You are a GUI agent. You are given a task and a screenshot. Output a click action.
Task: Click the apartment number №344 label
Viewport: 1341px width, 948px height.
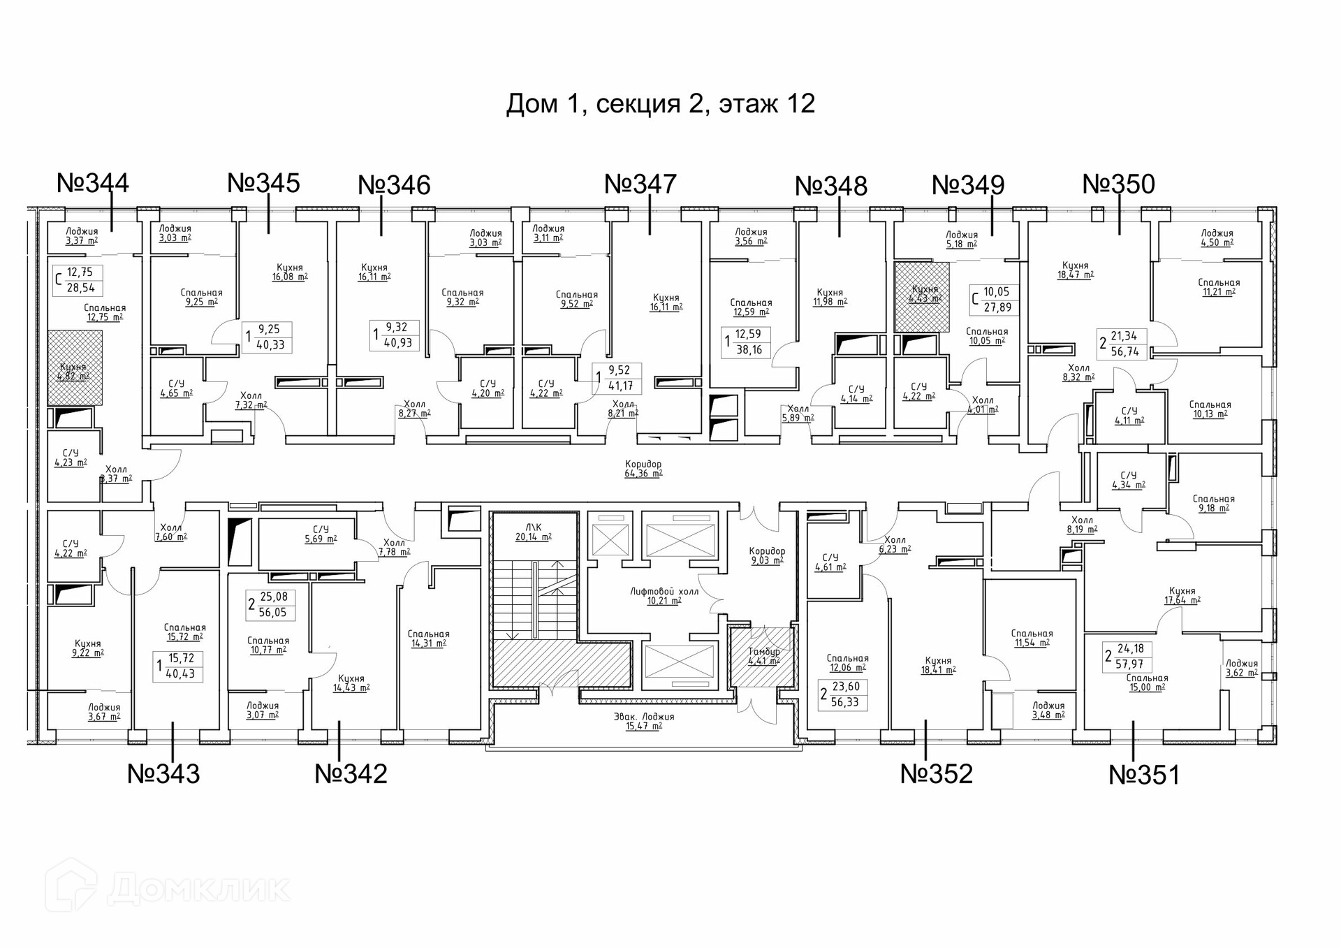(x=93, y=183)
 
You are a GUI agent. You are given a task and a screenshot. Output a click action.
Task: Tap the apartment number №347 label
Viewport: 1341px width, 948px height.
(x=640, y=184)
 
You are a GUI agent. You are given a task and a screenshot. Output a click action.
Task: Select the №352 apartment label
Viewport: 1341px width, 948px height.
(x=936, y=773)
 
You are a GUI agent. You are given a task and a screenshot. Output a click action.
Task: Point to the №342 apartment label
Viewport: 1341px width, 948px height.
(x=351, y=773)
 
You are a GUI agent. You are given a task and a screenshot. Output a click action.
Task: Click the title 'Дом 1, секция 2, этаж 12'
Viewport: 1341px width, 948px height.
(x=660, y=103)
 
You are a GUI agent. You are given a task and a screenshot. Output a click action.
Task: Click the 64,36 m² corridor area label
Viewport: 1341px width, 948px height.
(x=643, y=469)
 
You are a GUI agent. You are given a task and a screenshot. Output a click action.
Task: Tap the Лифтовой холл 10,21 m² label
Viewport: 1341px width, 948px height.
(x=664, y=596)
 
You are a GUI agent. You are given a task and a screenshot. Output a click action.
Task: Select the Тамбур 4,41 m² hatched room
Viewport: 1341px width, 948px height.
(x=763, y=657)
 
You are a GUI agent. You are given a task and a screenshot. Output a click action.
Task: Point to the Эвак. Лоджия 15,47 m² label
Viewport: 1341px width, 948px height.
(x=644, y=721)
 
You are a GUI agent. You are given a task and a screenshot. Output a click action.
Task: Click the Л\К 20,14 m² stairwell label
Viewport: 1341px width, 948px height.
(x=534, y=532)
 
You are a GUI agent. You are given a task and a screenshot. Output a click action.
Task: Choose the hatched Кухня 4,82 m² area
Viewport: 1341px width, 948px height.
(x=74, y=368)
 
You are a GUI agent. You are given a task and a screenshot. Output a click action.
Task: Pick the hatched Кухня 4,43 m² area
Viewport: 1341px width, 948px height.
(x=924, y=296)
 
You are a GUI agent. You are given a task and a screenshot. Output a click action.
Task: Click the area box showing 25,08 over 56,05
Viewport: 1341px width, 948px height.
(x=272, y=604)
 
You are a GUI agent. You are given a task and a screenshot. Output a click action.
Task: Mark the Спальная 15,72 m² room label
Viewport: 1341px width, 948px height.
(x=184, y=632)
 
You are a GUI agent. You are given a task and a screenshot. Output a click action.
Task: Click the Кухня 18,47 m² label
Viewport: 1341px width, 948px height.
(x=1075, y=270)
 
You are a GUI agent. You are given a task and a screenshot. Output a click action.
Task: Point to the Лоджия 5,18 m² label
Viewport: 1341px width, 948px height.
(x=962, y=240)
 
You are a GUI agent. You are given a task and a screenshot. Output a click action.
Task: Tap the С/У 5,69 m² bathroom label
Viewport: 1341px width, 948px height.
(x=321, y=534)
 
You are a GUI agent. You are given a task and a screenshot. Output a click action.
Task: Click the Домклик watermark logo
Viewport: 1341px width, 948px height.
(x=168, y=889)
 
